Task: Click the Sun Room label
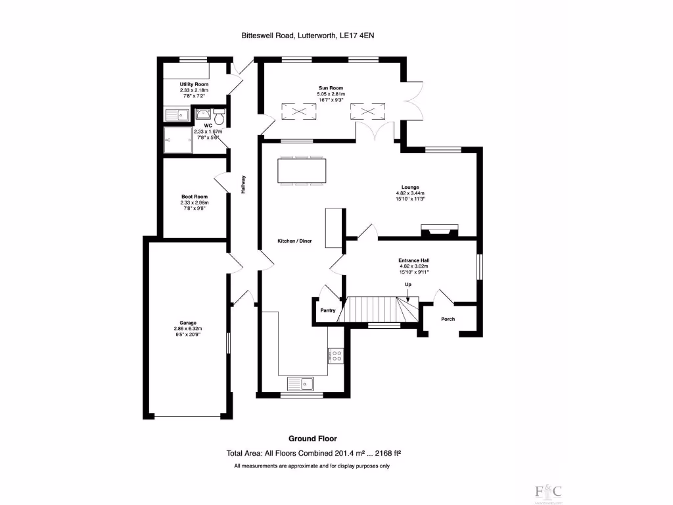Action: click(331, 87)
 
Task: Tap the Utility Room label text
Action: click(194, 85)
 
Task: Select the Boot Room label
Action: click(194, 197)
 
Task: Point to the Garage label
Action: click(187, 323)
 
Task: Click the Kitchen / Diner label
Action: click(294, 241)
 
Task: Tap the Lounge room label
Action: click(411, 187)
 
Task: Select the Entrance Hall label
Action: click(414, 260)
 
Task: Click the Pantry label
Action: click(328, 310)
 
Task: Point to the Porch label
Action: click(448, 319)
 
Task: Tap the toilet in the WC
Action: click(219, 116)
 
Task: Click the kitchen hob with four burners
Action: click(335, 355)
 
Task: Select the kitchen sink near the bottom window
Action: click(302, 383)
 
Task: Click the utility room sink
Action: click(177, 116)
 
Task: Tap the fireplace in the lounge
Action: click(440, 229)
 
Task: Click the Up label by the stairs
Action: click(407, 284)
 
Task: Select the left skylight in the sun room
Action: click(294, 112)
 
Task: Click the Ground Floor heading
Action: click(313, 438)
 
